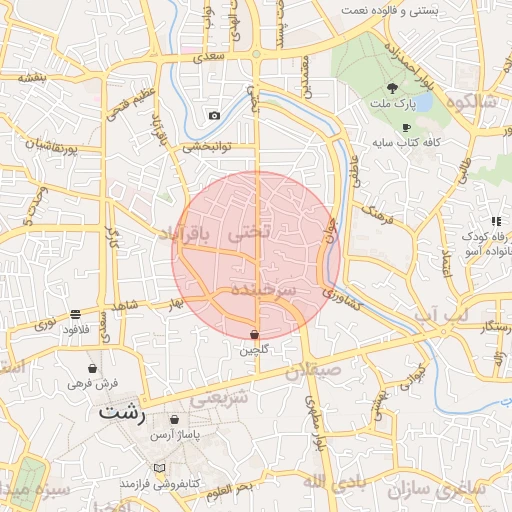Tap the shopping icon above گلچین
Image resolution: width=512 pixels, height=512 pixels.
point(254,334)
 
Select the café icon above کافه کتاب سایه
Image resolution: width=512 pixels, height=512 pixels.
point(405,128)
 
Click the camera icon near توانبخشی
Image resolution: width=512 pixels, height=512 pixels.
point(214,116)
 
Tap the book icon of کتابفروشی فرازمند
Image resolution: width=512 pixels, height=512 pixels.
point(159,468)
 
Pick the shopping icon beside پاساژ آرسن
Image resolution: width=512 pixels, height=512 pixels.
point(176,420)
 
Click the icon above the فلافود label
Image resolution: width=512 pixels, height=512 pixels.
point(76,314)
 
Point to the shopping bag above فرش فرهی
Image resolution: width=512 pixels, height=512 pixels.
point(92,368)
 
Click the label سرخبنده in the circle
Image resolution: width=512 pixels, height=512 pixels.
point(263,289)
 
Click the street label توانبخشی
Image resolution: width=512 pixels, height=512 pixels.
point(206,147)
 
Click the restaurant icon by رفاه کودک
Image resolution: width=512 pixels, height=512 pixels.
point(495,221)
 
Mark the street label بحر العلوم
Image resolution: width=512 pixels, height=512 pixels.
point(231,488)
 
